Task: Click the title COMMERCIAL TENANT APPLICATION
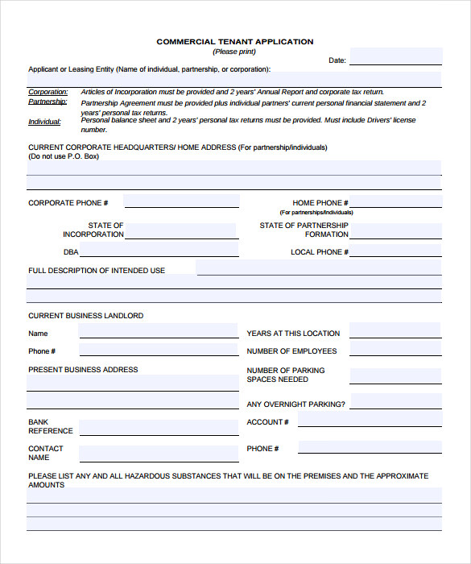pyautogui.click(x=235, y=41)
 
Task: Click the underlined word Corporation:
pyautogui.click(x=48, y=92)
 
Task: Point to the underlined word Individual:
pyautogui.click(x=45, y=122)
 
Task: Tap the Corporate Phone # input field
pyautogui.click(x=181, y=201)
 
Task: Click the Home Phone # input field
pyautogui.click(x=395, y=201)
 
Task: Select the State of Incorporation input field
pyautogui.click(x=181, y=231)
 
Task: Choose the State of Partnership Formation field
pyautogui.click(x=395, y=231)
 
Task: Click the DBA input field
pyautogui.click(x=159, y=251)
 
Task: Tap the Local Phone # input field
pyautogui.click(x=395, y=251)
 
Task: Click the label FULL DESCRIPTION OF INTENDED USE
pyautogui.click(x=97, y=271)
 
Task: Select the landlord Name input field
pyautogui.click(x=159, y=331)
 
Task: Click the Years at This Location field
pyautogui.click(x=395, y=331)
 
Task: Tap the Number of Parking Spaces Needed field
pyautogui.click(x=395, y=376)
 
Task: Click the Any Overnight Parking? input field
pyautogui.click(x=395, y=402)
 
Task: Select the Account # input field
pyautogui.click(x=370, y=421)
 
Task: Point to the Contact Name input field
pyautogui.click(x=159, y=452)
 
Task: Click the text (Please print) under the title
pyautogui.click(x=234, y=52)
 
